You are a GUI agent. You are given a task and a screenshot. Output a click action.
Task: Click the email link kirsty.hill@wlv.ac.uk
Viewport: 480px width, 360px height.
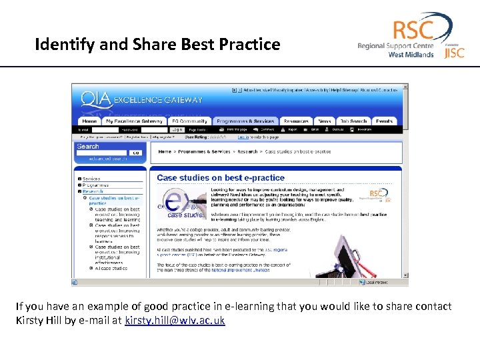[x=175, y=321]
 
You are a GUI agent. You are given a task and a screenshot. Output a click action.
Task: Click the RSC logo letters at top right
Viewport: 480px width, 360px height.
[x=413, y=30]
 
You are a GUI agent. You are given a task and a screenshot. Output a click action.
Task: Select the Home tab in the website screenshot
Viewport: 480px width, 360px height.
[x=89, y=121]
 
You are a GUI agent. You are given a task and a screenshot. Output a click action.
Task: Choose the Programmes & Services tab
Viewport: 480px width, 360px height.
[x=245, y=121]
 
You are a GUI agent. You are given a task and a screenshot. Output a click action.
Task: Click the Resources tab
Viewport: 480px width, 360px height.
[x=296, y=121]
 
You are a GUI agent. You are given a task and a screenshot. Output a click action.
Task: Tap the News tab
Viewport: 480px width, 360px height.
[x=324, y=121]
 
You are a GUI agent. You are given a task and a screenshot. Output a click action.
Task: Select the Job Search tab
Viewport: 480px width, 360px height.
[x=353, y=121]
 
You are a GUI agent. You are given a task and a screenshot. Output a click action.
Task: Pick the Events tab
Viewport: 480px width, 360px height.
[x=384, y=121]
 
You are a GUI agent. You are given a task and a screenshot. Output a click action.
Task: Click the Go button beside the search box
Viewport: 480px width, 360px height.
[x=135, y=153]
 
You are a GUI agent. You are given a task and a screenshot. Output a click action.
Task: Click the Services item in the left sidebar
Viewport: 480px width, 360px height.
[x=91, y=179]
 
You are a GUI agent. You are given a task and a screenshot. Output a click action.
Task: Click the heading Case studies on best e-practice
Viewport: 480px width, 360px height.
[x=221, y=178]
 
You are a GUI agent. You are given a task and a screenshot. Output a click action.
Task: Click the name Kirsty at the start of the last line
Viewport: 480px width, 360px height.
[x=29, y=321]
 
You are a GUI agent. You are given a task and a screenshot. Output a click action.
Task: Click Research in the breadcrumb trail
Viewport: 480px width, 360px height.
[x=247, y=151]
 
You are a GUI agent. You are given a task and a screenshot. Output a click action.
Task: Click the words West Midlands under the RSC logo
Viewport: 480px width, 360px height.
[x=411, y=55]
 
